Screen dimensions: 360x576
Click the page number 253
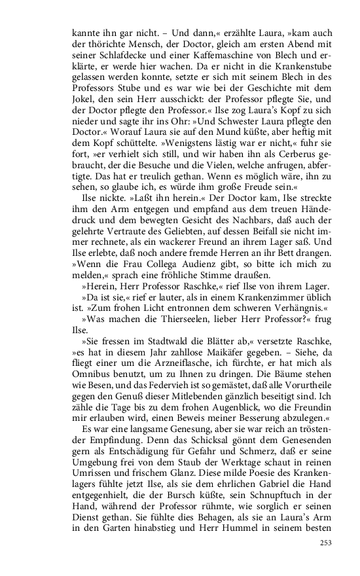[325, 543]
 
